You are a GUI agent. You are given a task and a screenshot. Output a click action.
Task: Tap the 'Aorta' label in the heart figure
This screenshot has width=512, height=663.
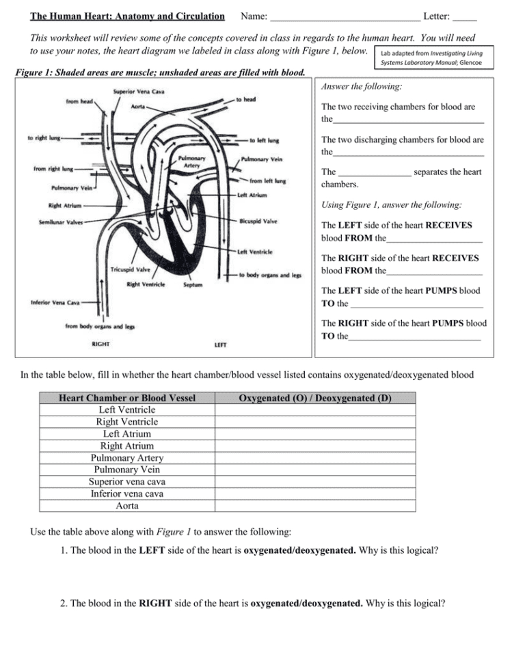pos(137,107)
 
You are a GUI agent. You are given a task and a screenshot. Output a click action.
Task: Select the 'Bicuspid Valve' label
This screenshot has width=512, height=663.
pos(258,221)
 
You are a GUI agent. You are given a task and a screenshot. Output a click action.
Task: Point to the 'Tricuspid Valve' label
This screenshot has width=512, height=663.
pos(131,270)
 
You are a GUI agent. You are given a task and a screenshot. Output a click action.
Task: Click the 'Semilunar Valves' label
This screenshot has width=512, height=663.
pos(61,222)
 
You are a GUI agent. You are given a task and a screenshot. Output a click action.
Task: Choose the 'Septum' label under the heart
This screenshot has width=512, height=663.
pos(193,284)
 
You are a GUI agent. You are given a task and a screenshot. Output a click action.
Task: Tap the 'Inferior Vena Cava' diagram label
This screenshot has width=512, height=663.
pos(55,301)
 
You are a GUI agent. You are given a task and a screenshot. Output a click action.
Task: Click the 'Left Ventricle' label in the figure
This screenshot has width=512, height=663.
pos(254,252)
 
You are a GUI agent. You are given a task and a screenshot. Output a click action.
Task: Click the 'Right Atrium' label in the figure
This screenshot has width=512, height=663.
pos(65,205)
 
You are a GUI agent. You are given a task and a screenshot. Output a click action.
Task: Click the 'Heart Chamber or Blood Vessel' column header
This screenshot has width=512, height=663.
pos(127,398)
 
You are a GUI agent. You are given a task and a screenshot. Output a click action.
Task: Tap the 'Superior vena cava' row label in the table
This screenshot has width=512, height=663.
pos(127,481)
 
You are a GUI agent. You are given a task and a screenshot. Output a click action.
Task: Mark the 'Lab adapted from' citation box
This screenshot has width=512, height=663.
pos(431,57)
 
